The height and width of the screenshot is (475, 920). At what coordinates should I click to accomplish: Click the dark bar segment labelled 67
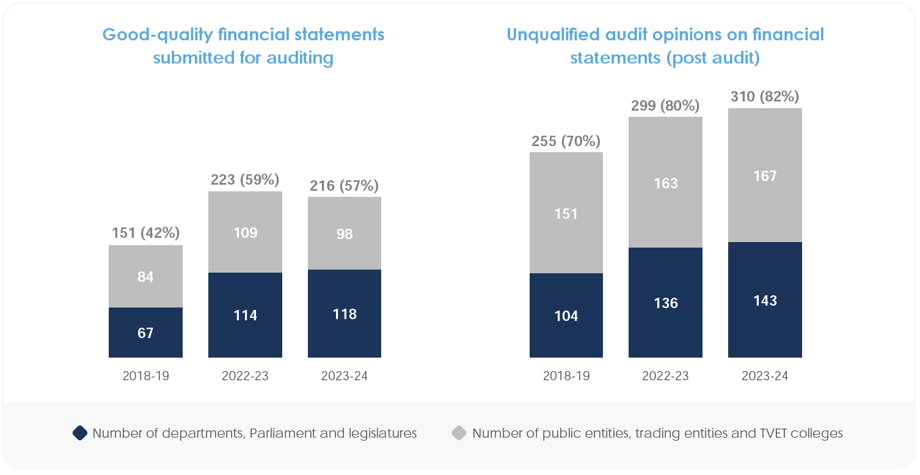[x=145, y=333]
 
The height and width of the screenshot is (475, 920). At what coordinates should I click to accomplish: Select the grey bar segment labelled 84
[x=145, y=276]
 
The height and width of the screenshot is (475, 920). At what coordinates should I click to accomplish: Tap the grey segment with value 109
[x=245, y=232]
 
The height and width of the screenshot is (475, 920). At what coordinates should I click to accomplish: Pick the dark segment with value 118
[x=345, y=314]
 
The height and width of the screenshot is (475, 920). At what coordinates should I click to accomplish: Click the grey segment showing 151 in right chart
[x=566, y=213]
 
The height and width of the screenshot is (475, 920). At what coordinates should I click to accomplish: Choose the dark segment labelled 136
[x=665, y=303]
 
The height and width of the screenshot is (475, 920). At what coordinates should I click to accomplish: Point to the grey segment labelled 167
[x=765, y=175]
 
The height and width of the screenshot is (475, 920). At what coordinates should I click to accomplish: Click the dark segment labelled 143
[x=765, y=300]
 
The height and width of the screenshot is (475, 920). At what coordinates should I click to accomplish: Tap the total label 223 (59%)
[x=245, y=180]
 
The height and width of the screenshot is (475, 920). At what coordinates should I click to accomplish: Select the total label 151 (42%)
[x=145, y=234]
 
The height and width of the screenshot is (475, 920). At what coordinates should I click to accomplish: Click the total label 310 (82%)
[x=765, y=97]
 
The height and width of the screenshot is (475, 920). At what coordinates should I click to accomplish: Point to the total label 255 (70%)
[x=566, y=141]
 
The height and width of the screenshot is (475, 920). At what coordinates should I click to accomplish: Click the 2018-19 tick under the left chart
[x=145, y=376]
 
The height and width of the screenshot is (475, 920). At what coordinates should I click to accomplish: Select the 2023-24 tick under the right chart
[x=765, y=376]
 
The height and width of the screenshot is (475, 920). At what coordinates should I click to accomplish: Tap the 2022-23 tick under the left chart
[x=245, y=376]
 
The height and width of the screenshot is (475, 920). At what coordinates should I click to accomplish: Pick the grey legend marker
[x=459, y=433]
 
